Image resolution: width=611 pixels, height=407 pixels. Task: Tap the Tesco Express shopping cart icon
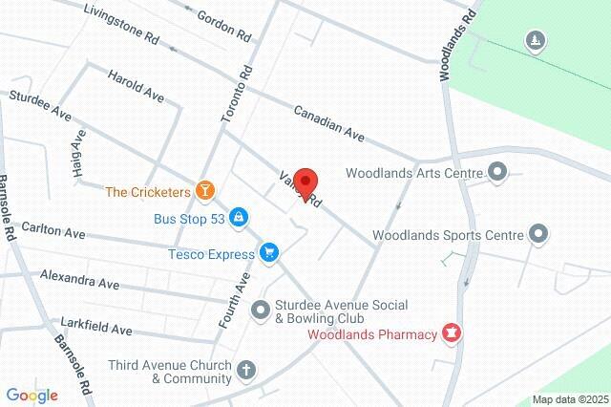pos(269,253)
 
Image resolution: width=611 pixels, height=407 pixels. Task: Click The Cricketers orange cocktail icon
pos(204,191)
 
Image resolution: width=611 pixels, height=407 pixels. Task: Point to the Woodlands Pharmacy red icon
pos(452,333)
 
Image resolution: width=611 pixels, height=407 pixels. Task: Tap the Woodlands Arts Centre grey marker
pos(496,173)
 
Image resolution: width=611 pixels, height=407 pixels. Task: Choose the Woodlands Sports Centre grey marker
pos(538,233)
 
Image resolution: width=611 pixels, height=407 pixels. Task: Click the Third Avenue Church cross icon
pos(246,370)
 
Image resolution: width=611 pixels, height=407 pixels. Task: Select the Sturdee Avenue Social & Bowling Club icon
pos(260,310)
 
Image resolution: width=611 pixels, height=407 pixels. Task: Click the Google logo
pos(32,395)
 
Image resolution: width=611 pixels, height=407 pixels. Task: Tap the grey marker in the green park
pos(536,39)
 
